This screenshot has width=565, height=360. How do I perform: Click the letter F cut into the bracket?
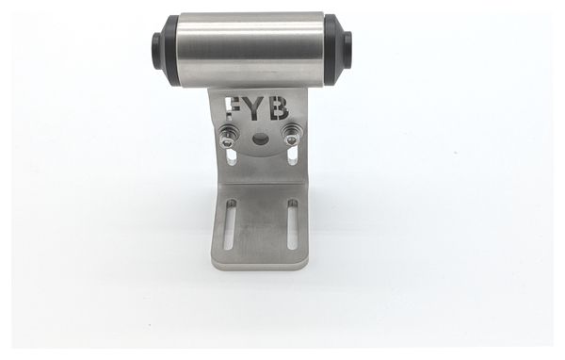232,107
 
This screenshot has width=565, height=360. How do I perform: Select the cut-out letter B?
279,107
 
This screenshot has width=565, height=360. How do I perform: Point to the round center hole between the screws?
260,139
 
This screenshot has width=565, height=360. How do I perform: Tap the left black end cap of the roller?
169,50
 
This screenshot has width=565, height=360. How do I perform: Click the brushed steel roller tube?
252,50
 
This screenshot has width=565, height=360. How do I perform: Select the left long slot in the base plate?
230,224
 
